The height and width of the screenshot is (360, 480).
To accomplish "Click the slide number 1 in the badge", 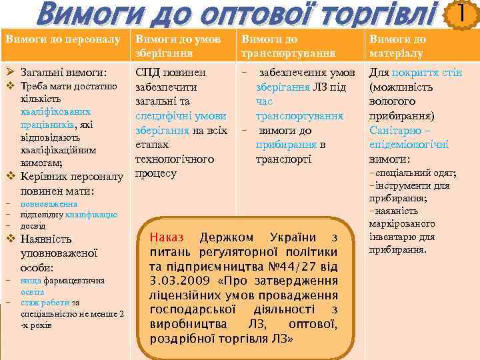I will (461, 13).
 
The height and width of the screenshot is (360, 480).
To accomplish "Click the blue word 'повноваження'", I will (49, 205).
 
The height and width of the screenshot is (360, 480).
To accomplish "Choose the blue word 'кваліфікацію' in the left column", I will (93, 215).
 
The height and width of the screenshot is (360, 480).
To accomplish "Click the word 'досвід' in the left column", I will (32, 225).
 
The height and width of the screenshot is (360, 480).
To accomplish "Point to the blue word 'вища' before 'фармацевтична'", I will (31, 281).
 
